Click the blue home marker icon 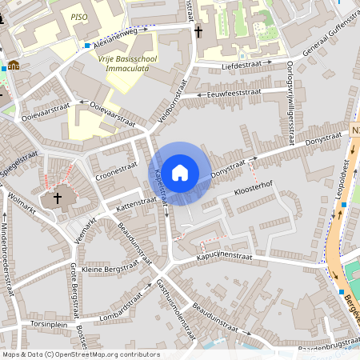click(x=180, y=173)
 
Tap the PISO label click(x=78, y=16)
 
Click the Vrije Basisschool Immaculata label click(x=132, y=63)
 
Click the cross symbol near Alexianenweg click(x=198, y=31)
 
